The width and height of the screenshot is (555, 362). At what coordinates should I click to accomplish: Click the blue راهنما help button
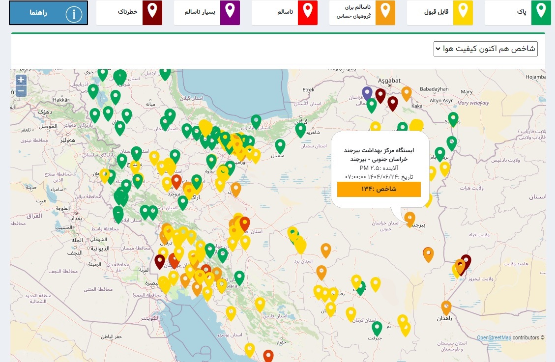(48, 13)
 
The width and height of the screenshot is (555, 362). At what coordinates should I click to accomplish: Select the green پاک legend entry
(519, 13)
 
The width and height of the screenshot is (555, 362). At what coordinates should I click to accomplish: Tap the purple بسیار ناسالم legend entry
(206, 13)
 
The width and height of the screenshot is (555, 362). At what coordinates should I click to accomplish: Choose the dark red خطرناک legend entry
(129, 13)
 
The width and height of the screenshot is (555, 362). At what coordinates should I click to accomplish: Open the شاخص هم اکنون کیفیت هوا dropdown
(486, 49)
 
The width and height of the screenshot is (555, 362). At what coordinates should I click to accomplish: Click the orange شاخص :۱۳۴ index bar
(379, 189)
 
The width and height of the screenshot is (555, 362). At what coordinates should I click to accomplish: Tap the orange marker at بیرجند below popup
(409, 217)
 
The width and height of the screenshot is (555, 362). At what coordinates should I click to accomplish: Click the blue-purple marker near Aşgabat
(367, 92)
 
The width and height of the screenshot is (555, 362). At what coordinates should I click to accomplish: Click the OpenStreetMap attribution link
(494, 337)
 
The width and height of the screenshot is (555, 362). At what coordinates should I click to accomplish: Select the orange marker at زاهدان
(446, 306)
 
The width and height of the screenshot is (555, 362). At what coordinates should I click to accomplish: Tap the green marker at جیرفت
(377, 327)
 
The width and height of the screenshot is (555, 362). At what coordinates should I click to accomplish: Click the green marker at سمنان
(280, 145)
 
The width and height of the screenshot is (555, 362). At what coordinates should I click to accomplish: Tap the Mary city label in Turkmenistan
(466, 92)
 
